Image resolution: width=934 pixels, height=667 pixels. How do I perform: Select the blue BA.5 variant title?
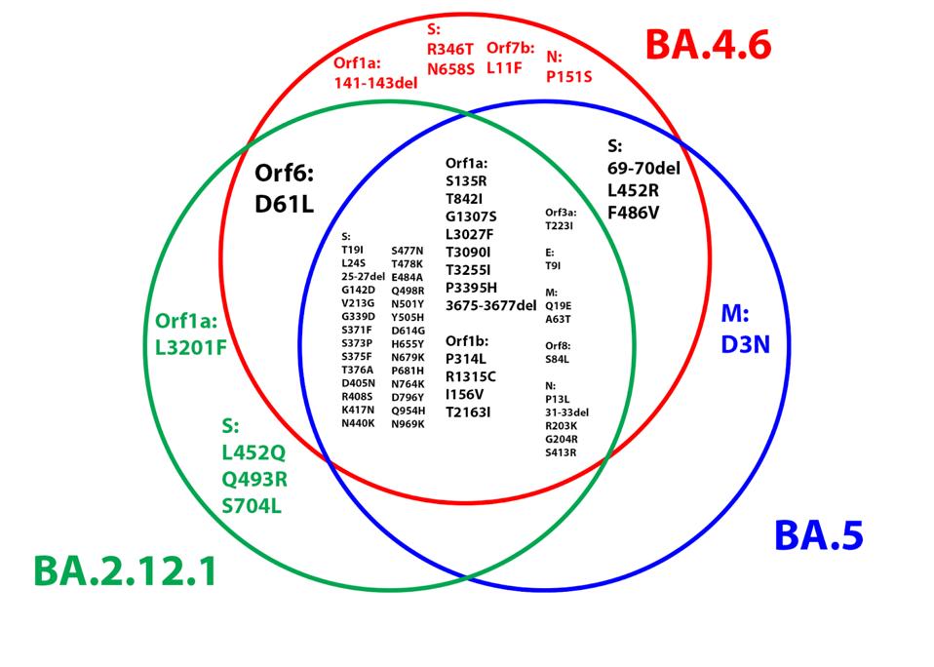818,535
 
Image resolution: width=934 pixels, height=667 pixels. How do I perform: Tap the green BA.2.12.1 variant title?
124,571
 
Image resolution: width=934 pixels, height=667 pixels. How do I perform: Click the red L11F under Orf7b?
504,69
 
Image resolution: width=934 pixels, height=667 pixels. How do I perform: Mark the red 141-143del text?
375,83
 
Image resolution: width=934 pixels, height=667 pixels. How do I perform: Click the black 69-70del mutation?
643,168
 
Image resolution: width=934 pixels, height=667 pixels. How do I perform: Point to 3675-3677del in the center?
490,305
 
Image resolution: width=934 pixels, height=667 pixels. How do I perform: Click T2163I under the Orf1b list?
468,412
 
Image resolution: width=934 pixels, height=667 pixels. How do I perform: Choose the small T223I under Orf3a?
560,225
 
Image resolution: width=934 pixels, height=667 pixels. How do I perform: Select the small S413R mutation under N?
561,452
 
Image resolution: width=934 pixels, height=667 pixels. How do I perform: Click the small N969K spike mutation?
408,423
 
